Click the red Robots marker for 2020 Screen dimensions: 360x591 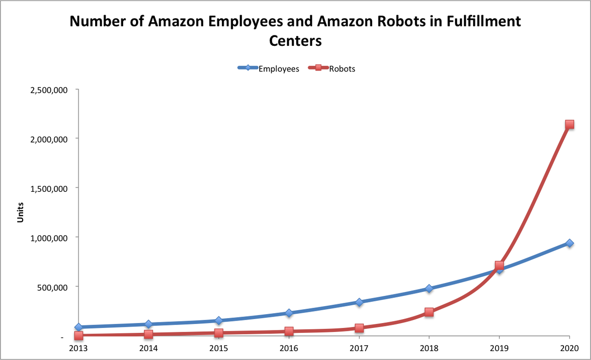point(569,124)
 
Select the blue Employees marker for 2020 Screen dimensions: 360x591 point(569,243)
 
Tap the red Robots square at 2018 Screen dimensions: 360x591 point(429,312)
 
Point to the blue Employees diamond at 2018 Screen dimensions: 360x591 point(429,288)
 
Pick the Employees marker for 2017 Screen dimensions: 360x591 point(359,302)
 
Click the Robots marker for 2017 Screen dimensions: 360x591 point(359,328)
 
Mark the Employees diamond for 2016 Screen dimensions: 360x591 point(289,313)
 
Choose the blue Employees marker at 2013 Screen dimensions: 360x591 point(78,327)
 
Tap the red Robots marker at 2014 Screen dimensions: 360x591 point(148,334)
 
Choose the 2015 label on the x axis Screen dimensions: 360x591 point(218,348)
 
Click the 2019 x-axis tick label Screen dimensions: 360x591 point(499,348)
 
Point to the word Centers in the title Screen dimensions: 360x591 point(295,41)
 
